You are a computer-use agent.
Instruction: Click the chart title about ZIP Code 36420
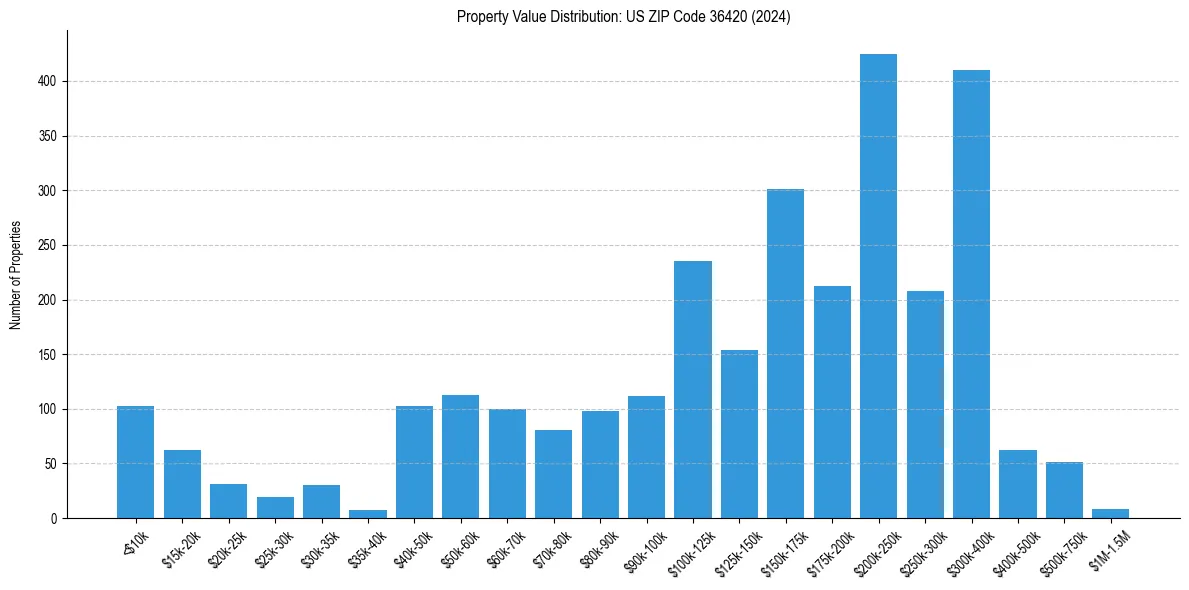[623, 17]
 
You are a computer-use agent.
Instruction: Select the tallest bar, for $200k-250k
[878, 286]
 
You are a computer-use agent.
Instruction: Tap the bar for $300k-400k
[971, 294]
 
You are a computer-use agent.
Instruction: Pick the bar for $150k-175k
[785, 353]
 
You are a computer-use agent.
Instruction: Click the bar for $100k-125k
[692, 389]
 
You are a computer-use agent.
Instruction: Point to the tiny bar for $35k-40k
[368, 514]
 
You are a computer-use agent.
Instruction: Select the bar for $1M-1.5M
[1110, 514]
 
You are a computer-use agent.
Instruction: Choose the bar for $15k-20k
[182, 484]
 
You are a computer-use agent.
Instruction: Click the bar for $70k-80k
[553, 474]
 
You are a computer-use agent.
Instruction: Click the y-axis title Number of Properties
[15, 275]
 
